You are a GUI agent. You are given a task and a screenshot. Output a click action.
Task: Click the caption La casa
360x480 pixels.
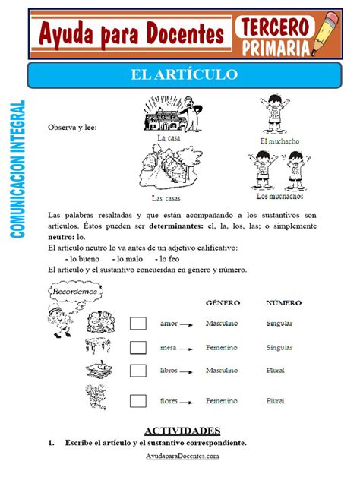[x=169, y=138]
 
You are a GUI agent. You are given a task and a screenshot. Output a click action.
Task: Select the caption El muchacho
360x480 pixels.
[x=279, y=141]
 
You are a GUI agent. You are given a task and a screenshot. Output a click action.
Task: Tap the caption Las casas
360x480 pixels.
[x=165, y=198]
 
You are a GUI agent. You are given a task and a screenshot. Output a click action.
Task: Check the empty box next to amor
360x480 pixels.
[x=137, y=324]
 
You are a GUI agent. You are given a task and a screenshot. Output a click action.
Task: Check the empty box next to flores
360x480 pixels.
[x=137, y=399]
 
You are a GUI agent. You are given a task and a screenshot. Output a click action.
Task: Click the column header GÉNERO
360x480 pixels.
[x=223, y=302]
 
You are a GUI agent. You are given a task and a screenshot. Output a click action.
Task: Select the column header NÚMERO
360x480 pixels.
[x=283, y=302]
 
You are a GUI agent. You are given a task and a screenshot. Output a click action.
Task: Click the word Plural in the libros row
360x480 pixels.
[x=277, y=371]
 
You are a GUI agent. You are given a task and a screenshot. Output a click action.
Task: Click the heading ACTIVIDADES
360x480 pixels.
[x=180, y=430]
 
